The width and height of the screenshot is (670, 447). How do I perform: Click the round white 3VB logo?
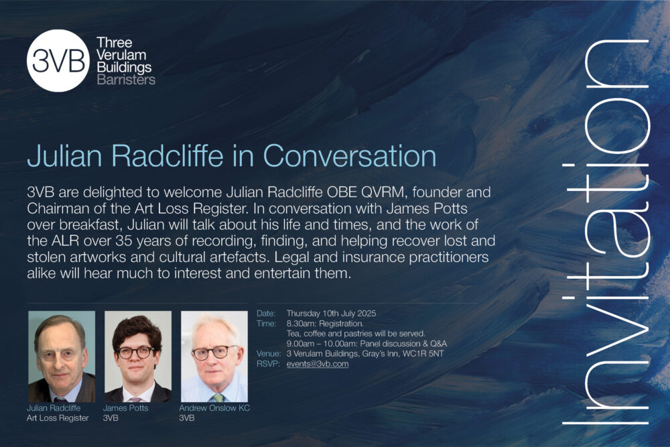pyautogui.click(x=58, y=61)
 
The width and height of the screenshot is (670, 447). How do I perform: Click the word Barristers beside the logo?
pyautogui.click(x=126, y=80)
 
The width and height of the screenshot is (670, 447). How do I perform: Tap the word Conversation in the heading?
pyautogui.click(x=350, y=155)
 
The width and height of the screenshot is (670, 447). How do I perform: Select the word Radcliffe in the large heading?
pyautogui.click(x=167, y=155)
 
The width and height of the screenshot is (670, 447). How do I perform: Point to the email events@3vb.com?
pyautogui.click(x=318, y=364)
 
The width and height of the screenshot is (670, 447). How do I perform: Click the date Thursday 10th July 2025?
pyautogui.click(x=331, y=313)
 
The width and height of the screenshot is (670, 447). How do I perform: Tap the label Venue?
pyautogui.click(x=269, y=353)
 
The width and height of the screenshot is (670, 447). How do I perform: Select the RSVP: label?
pyautogui.click(x=268, y=364)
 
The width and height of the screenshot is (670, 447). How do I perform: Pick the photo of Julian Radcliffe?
pyautogui.click(x=62, y=357)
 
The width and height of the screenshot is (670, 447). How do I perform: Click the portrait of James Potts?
pyautogui.click(x=138, y=357)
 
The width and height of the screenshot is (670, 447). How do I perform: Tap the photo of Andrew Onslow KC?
pyautogui.click(x=214, y=357)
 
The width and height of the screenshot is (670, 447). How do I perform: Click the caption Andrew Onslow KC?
pyautogui.click(x=214, y=407)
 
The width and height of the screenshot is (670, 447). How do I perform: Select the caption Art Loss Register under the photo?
pyautogui.click(x=58, y=418)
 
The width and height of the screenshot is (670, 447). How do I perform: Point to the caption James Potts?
pyautogui.click(x=126, y=407)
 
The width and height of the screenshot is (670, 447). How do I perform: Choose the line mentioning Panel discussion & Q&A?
pyautogui.click(x=366, y=344)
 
